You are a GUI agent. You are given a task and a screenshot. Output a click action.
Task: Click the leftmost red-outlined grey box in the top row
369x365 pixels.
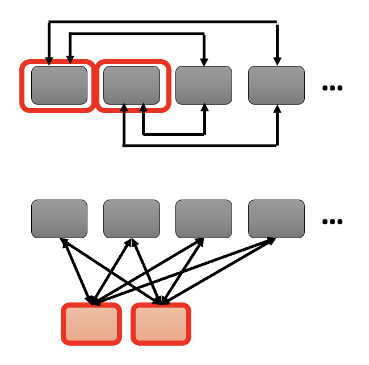(x=59, y=85)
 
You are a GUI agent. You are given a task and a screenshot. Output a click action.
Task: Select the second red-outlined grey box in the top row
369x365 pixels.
(x=132, y=85)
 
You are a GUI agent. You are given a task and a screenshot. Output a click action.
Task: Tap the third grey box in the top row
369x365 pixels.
(x=204, y=85)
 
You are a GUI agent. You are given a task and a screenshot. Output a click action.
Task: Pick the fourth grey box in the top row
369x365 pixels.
(x=276, y=85)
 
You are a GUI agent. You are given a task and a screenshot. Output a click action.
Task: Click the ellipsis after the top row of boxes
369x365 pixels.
(x=332, y=88)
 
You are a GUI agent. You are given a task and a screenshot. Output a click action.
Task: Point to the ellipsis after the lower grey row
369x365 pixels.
(x=332, y=221)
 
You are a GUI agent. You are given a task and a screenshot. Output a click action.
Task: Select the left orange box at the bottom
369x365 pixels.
(x=91, y=323)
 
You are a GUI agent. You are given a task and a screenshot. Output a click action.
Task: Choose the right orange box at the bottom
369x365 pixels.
(x=161, y=323)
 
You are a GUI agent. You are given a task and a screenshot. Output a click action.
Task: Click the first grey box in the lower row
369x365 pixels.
(x=59, y=218)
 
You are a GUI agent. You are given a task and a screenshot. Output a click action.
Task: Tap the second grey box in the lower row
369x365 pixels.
(x=132, y=218)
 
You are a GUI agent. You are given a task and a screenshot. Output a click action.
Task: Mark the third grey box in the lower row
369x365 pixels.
(x=204, y=218)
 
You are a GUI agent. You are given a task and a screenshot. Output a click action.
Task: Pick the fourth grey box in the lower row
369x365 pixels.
(x=276, y=218)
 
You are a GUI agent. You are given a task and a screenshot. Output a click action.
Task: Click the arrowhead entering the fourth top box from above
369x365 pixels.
(x=277, y=61)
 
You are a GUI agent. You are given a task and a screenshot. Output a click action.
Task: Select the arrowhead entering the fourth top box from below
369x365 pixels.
(x=277, y=109)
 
